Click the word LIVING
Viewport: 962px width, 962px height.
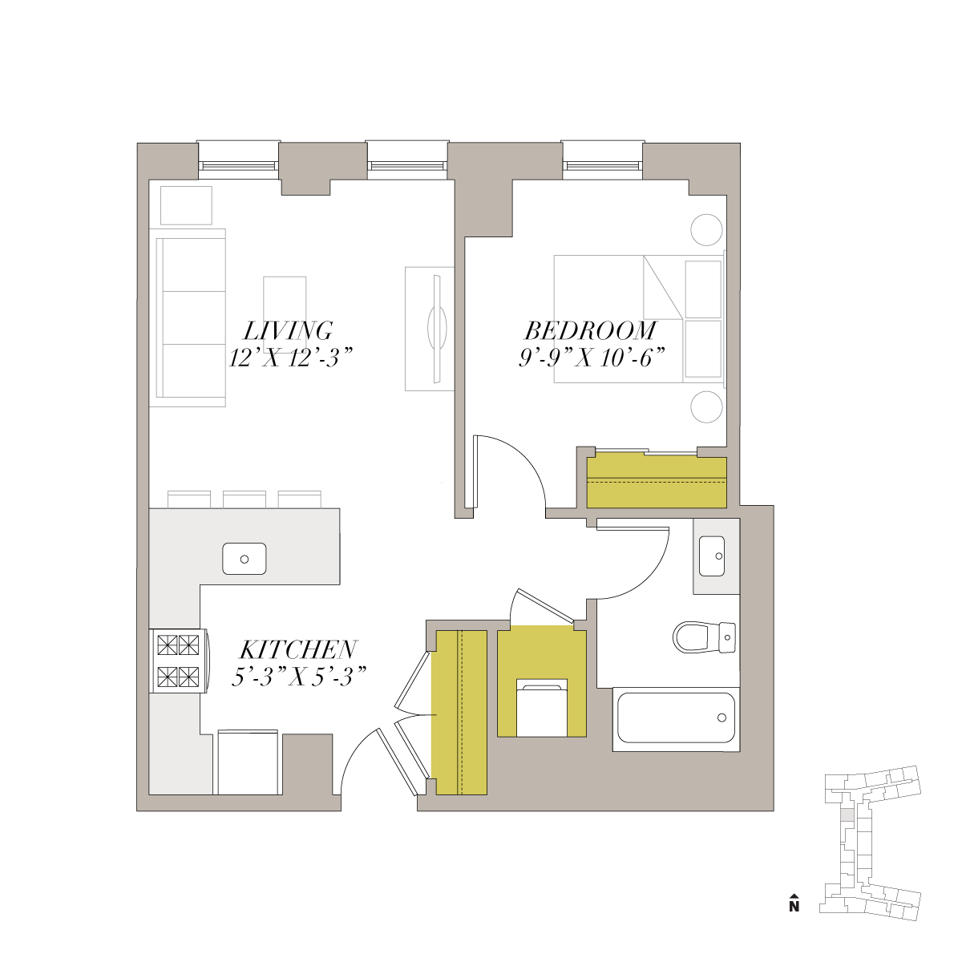288,330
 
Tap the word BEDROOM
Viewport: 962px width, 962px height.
591,330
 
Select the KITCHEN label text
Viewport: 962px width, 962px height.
298,649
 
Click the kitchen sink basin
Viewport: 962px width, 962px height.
245,559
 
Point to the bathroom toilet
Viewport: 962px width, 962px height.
705,637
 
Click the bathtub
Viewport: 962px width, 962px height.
676,718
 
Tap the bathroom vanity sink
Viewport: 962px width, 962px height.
712,556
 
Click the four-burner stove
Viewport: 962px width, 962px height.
179,661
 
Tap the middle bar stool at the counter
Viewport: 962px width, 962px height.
245,499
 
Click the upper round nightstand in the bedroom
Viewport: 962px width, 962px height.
706,229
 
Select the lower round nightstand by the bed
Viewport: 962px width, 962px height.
706,407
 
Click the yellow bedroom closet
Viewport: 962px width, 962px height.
657,483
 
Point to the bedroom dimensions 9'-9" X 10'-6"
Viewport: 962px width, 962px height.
592,358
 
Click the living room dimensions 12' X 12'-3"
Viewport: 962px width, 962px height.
291,358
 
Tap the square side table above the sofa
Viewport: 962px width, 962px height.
186,205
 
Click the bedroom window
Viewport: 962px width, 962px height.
602,161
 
